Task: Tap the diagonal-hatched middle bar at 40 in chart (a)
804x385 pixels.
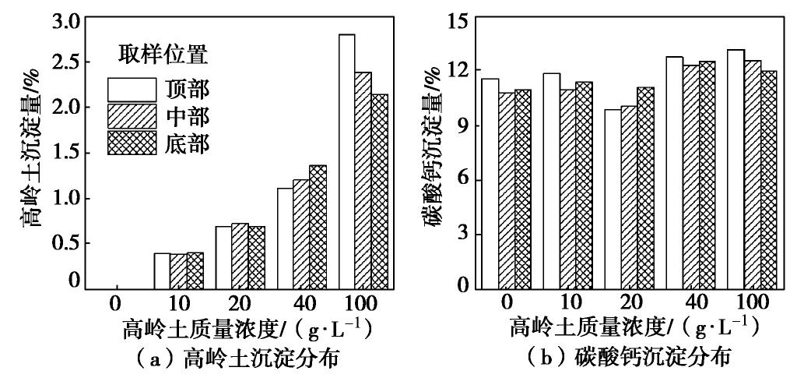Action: click(301, 234)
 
